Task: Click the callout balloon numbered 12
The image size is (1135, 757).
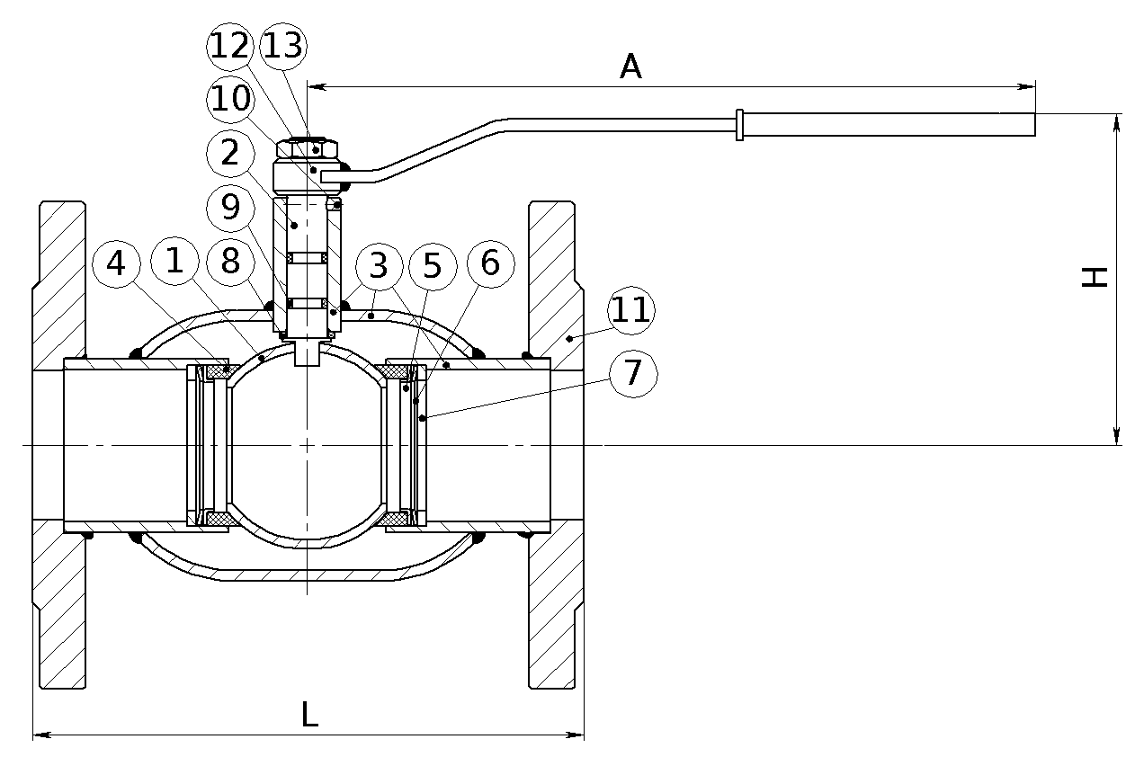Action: (230, 47)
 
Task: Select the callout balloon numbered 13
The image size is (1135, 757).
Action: (283, 47)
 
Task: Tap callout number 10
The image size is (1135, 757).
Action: (230, 99)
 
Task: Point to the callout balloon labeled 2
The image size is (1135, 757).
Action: (230, 153)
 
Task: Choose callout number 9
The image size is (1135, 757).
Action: (230, 208)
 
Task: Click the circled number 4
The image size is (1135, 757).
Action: (116, 263)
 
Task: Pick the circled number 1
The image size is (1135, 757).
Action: (174, 262)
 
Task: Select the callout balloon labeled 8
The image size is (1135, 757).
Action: (230, 262)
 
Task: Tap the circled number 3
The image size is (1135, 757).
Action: (379, 266)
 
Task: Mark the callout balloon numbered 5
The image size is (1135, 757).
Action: (433, 266)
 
